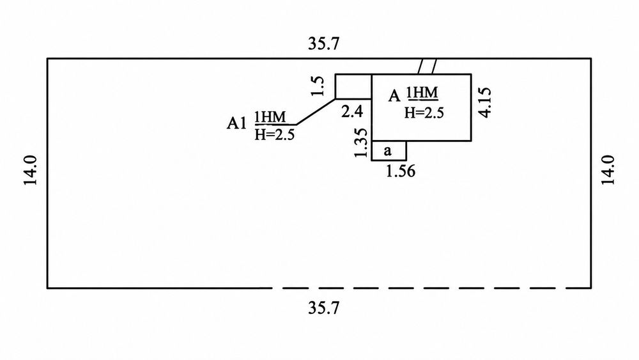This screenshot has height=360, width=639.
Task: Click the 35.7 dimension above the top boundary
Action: (323, 43)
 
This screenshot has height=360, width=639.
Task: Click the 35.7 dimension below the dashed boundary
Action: (323, 308)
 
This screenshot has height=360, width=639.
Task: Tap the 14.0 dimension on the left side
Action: (31, 171)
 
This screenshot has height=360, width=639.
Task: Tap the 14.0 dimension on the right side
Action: (608, 171)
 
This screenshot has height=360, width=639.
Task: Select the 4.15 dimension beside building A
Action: (486, 102)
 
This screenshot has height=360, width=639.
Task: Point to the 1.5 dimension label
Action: (318, 86)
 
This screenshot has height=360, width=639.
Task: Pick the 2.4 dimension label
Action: (352, 111)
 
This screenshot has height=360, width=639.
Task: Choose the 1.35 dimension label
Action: (361, 143)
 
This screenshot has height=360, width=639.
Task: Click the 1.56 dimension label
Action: (401, 171)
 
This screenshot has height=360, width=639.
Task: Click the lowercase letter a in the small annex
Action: (388, 151)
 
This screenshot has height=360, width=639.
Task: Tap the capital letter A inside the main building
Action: (394, 96)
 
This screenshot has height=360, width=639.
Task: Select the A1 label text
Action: (237, 123)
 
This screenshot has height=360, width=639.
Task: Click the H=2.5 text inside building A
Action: (424, 113)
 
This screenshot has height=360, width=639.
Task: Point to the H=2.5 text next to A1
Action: (274, 134)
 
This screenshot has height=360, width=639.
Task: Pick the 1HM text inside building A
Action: (422, 93)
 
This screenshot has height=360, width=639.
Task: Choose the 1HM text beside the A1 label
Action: (270, 117)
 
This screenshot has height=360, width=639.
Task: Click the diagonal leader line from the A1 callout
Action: (316, 112)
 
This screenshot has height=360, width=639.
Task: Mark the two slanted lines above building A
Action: (427, 67)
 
